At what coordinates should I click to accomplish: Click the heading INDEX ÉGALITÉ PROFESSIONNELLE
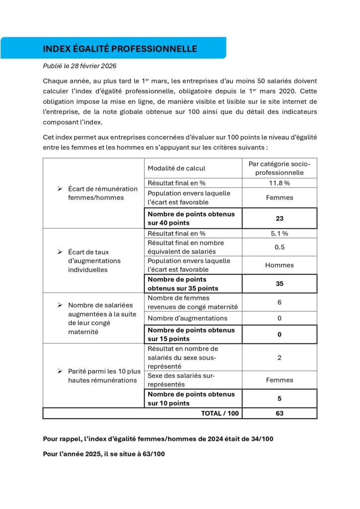click(x=120, y=49)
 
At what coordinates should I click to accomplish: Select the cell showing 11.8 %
click(x=279, y=182)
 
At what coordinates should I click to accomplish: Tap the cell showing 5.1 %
click(x=279, y=233)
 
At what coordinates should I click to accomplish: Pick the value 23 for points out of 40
click(x=279, y=218)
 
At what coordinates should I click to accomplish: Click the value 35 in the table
click(x=279, y=284)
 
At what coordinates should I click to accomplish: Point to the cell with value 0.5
click(x=279, y=247)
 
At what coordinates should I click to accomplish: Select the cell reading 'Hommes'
click(x=279, y=265)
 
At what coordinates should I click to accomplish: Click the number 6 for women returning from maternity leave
click(x=279, y=302)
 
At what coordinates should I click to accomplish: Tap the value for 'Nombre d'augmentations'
click(x=279, y=318)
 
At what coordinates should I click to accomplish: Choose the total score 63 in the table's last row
click(x=279, y=413)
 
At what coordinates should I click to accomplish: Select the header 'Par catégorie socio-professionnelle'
click(x=279, y=168)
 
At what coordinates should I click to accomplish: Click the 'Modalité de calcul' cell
click(x=177, y=169)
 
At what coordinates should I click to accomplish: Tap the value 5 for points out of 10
click(x=279, y=398)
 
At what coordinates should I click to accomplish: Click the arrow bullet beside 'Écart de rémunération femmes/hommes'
click(x=60, y=189)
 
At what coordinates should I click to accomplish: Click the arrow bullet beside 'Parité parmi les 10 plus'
click(x=60, y=371)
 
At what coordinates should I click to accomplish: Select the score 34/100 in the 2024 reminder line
click(x=261, y=439)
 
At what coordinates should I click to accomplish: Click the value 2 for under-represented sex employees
click(x=279, y=357)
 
